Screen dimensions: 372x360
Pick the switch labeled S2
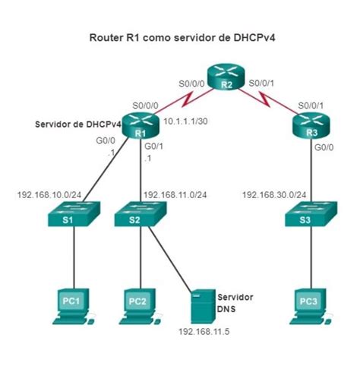point(140,217)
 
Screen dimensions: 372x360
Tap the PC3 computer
point(309,301)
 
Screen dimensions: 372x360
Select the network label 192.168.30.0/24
point(273,194)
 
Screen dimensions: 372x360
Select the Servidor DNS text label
point(235,301)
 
